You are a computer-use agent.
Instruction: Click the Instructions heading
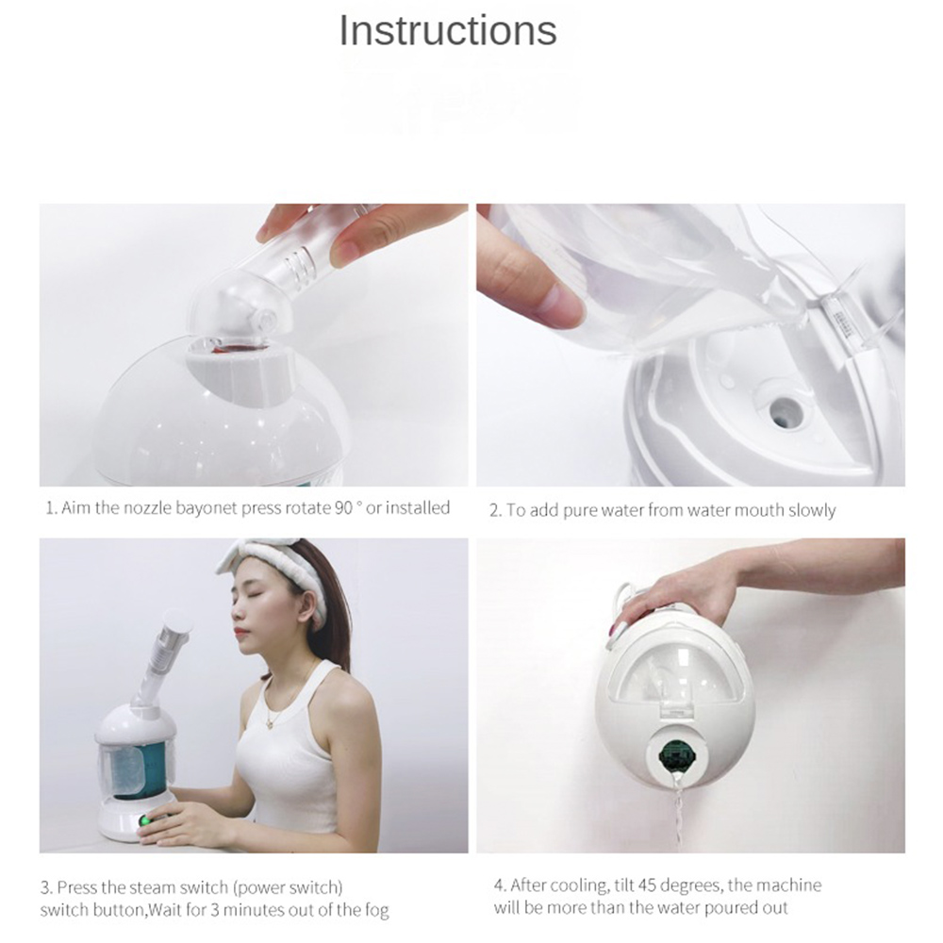[448, 29]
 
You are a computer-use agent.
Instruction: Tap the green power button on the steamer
[145, 820]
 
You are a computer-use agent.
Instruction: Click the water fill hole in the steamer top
[780, 409]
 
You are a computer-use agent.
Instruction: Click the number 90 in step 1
[343, 507]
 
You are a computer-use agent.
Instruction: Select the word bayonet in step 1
[207, 508]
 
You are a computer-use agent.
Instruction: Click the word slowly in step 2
[812, 510]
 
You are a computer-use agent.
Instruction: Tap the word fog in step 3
[377, 910]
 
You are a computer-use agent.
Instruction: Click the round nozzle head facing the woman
[179, 621]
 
